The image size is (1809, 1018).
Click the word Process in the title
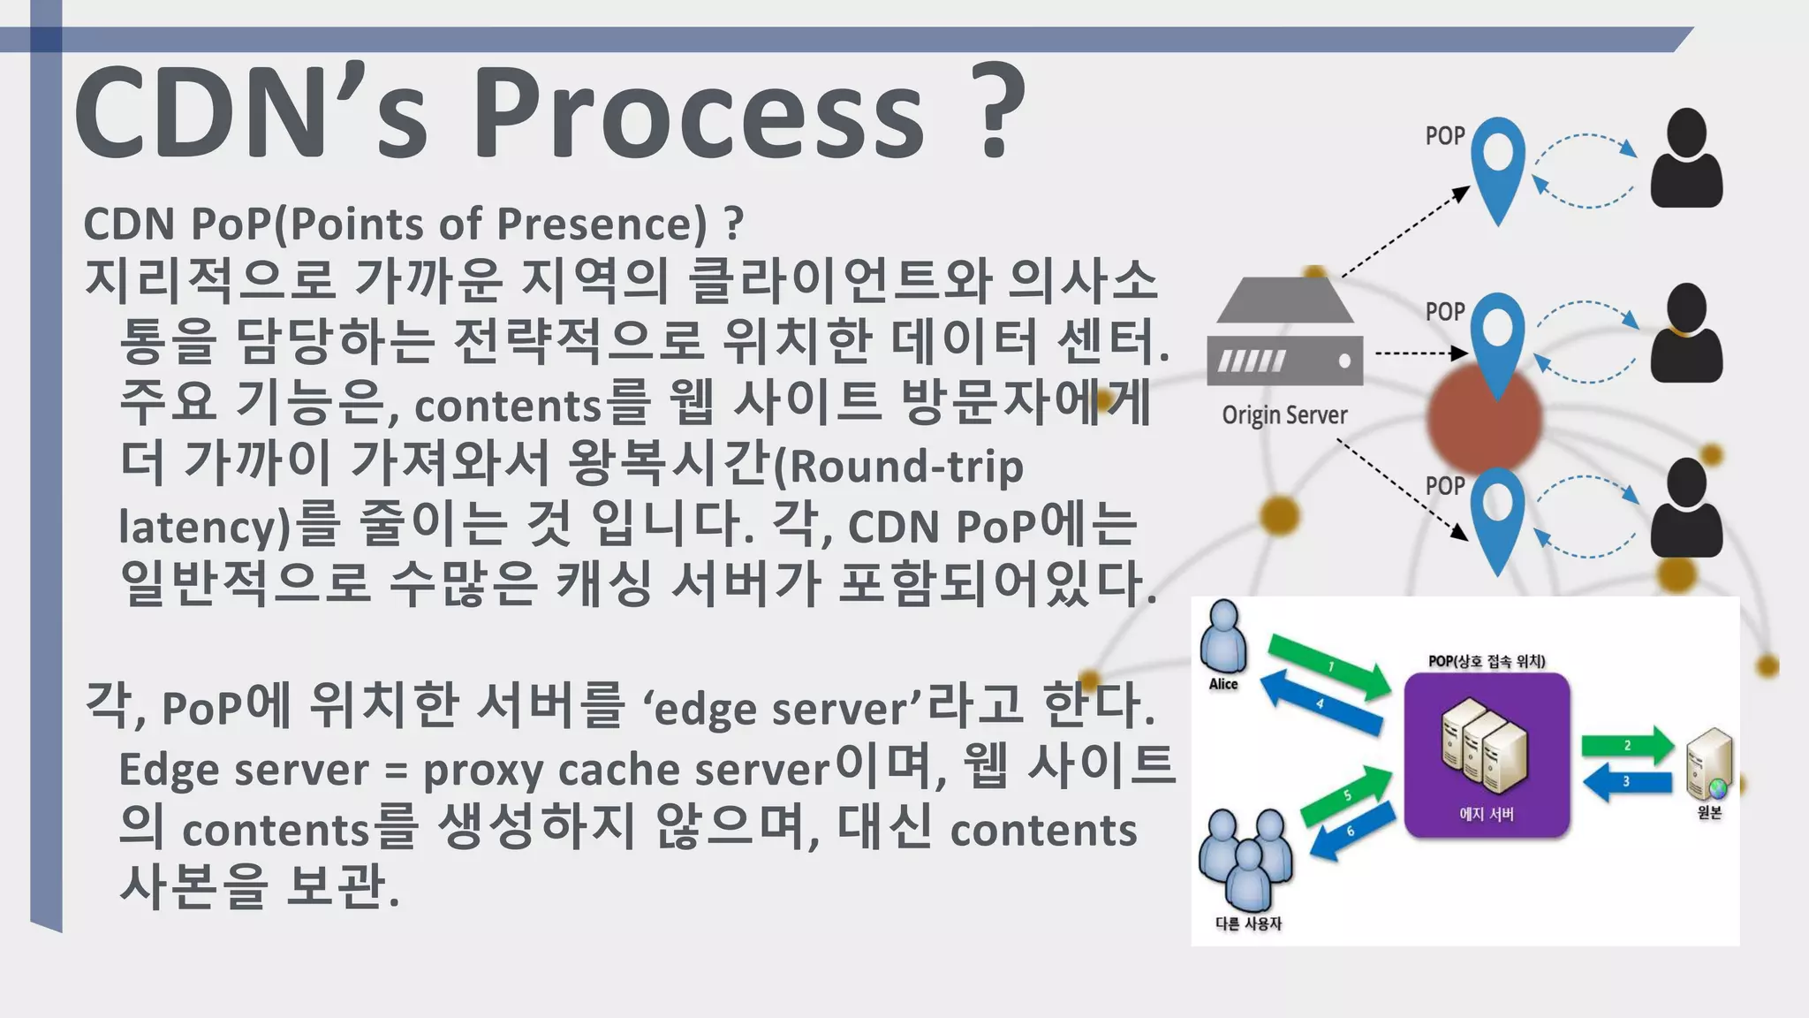[x=698, y=115]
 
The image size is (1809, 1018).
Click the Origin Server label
[x=1284, y=415]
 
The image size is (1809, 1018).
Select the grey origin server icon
[x=1284, y=333]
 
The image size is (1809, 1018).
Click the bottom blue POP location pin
[x=1498, y=517]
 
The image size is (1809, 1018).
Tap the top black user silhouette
[x=1686, y=159]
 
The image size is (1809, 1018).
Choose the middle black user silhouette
[x=1686, y=334]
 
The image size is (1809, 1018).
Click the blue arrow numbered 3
[x=1626, y=782]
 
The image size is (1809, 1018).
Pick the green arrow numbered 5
[x=1347, y=795]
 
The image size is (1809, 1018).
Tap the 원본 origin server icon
[x=1709, y=763]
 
